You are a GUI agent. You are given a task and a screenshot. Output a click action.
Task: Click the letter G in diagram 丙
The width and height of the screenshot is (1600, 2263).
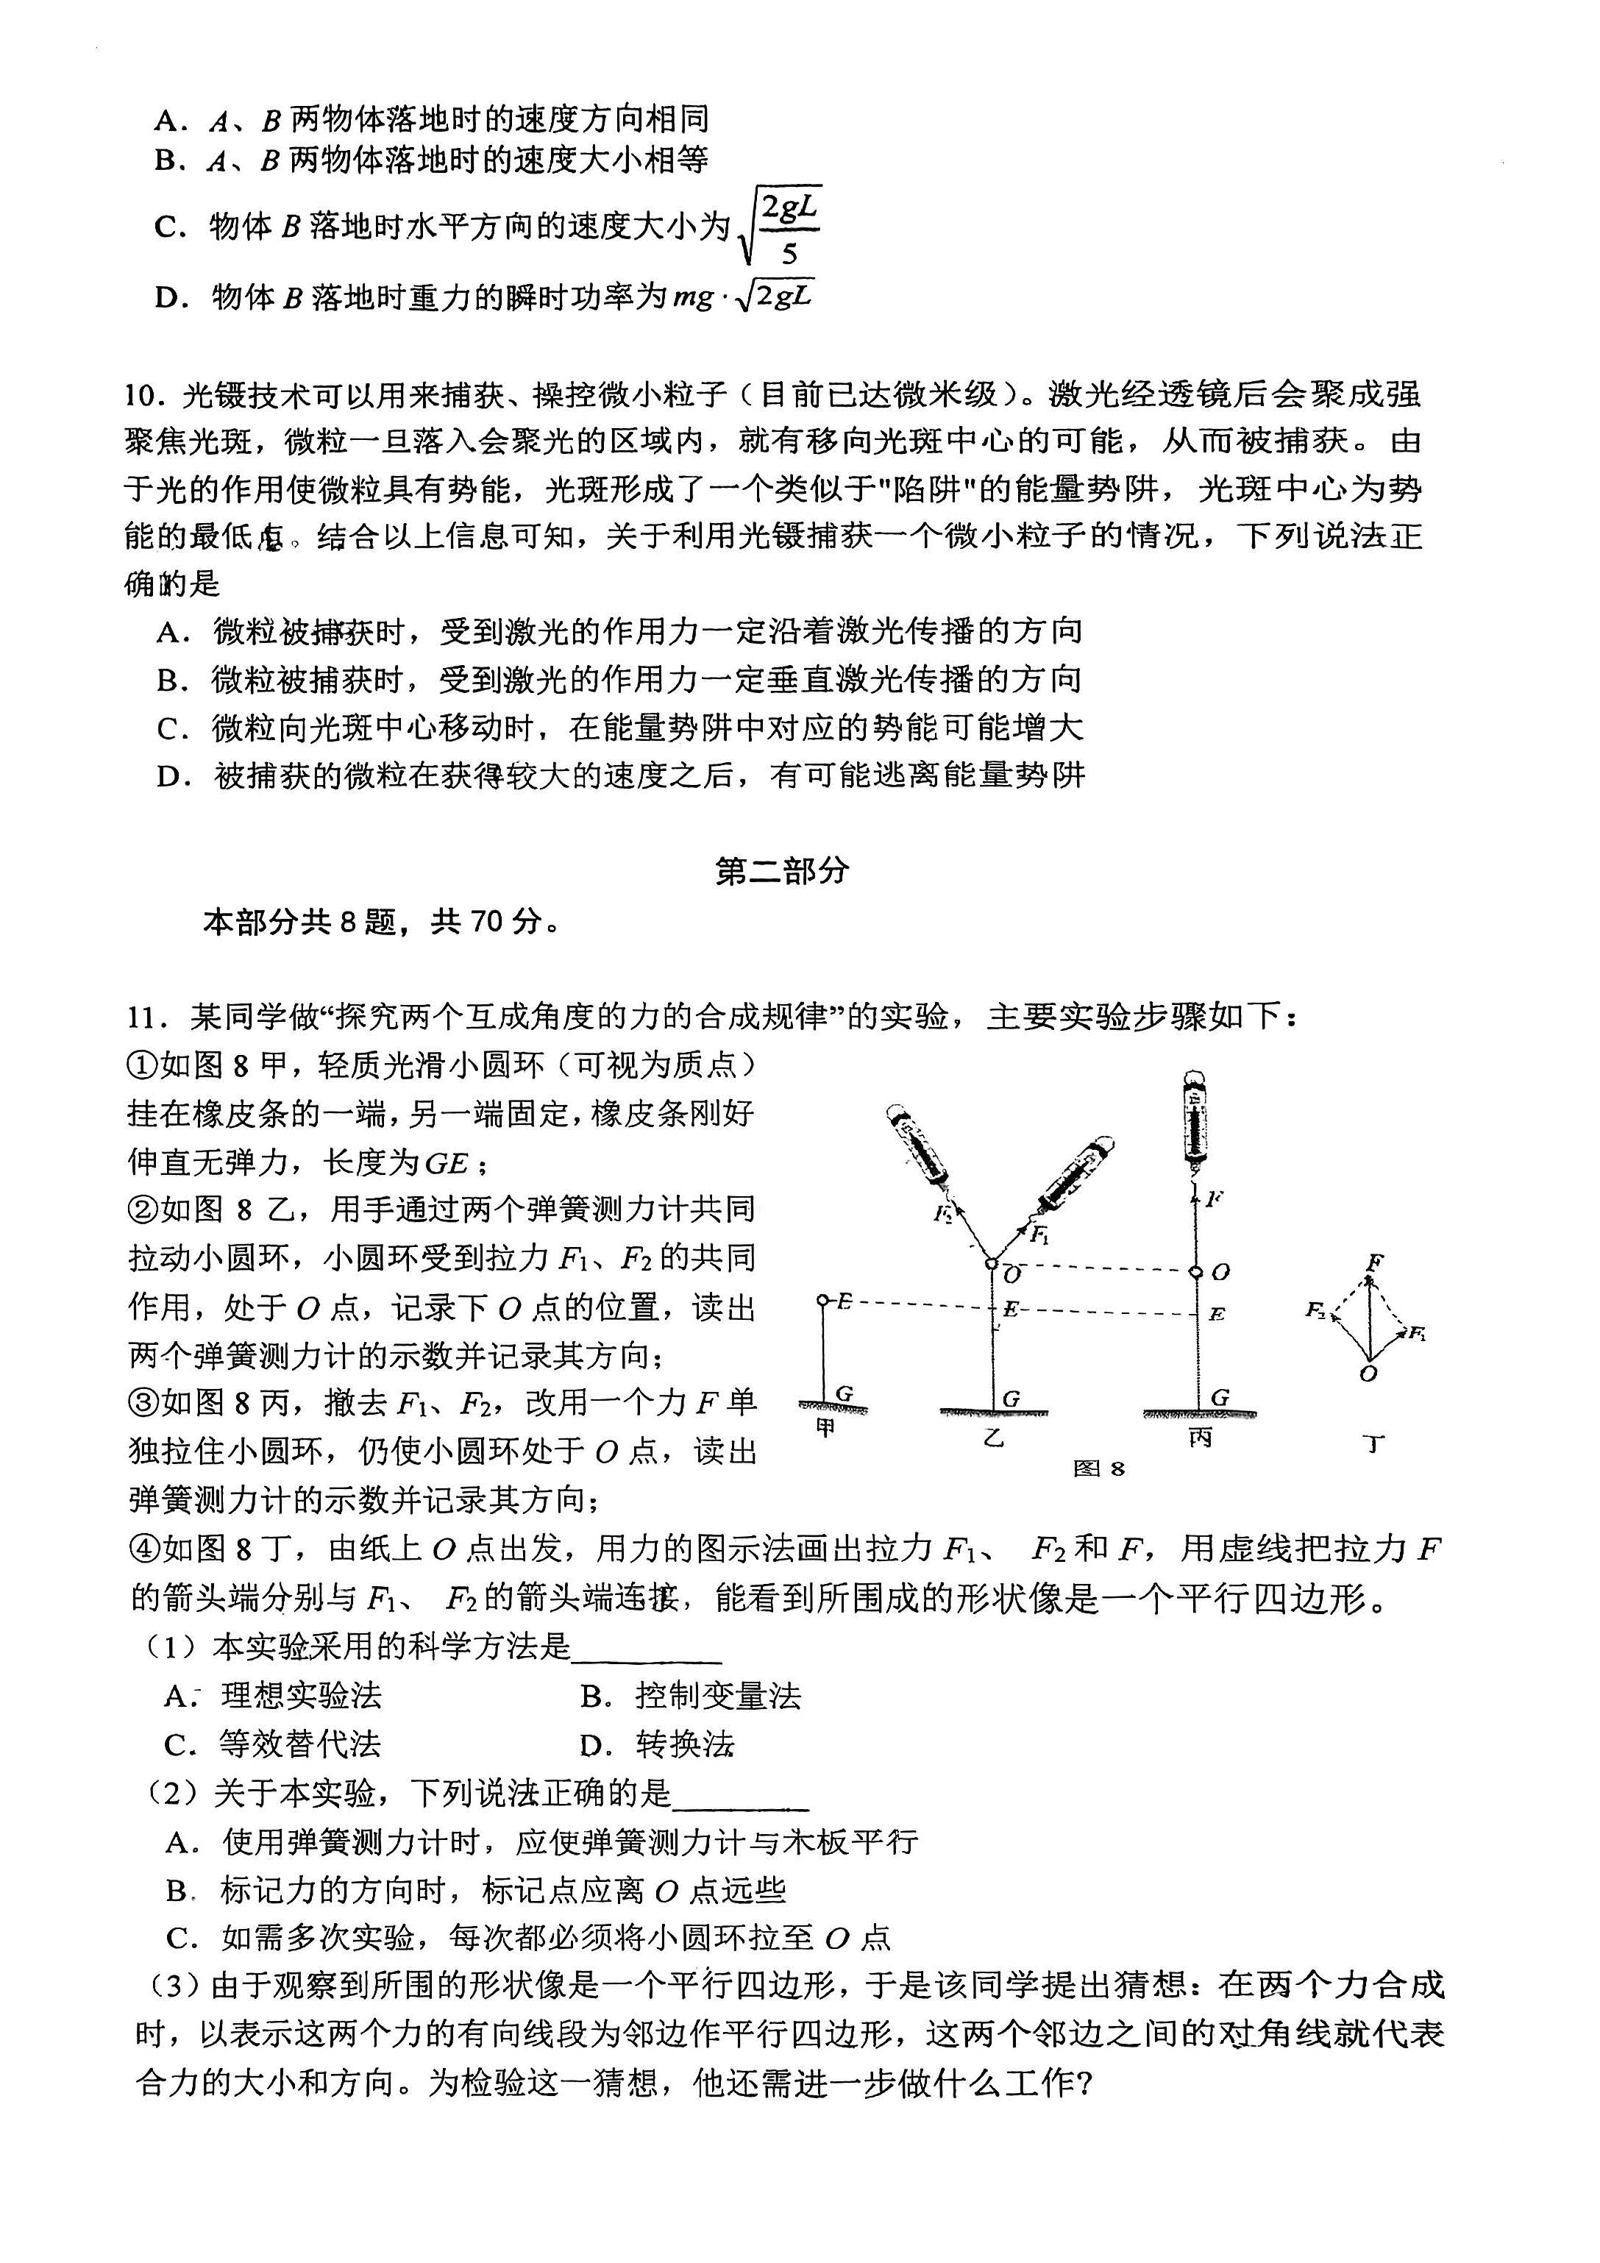point(1220,1396)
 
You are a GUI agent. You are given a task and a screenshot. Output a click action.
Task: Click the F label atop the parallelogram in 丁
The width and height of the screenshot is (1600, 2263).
point(1375,1262)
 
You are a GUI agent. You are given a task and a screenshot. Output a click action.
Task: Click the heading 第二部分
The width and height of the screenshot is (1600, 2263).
point(782,870)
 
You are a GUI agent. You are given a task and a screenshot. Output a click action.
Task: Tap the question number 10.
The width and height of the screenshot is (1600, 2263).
point(141,395)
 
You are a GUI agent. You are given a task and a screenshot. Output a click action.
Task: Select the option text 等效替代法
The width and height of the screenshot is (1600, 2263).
point(299,1744)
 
